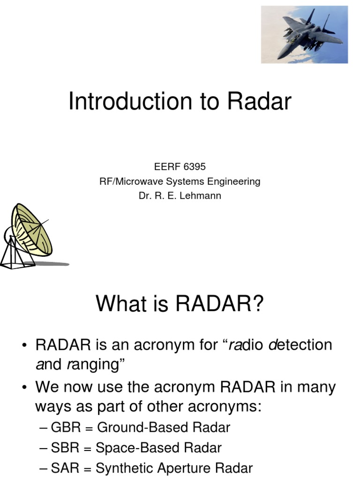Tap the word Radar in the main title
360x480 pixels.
click(261, 102)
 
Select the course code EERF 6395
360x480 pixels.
click(180, 166)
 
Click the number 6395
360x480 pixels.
click(194, 166)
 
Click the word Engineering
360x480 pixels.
click(232, 181)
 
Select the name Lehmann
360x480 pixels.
click(202, 196)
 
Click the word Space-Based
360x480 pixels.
click(131, 448)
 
